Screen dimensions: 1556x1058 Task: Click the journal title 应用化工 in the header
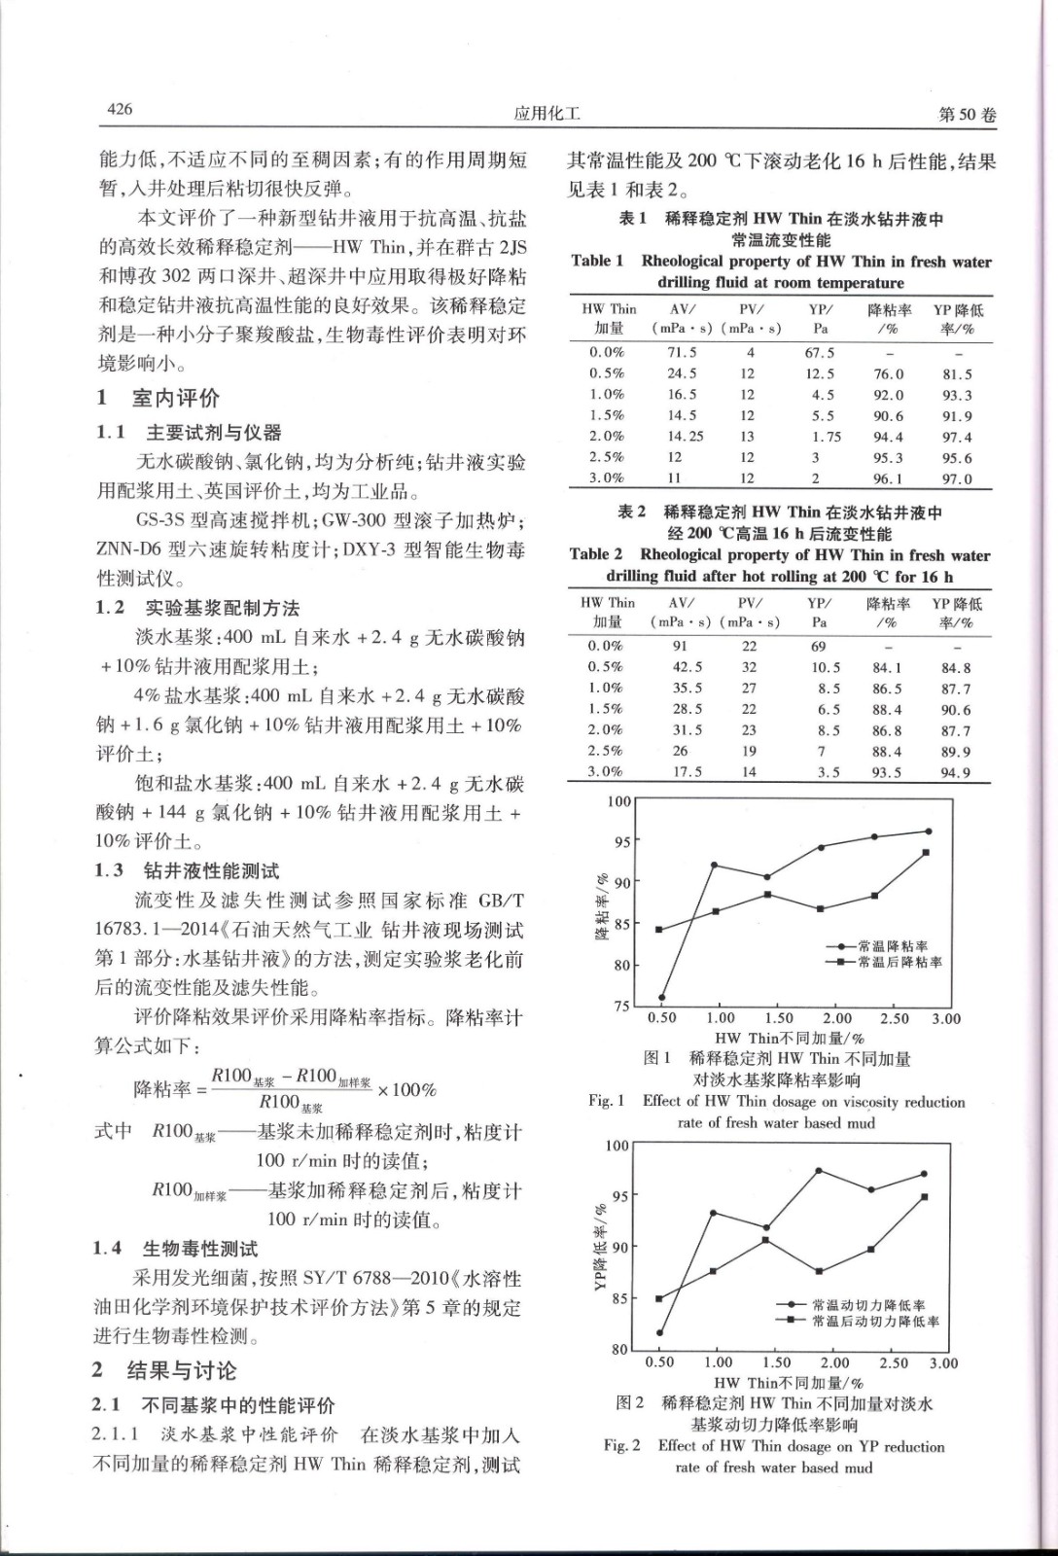point(547,114)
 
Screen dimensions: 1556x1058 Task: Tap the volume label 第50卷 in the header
point(968,115)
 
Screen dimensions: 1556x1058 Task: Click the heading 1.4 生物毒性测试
point(176,1249)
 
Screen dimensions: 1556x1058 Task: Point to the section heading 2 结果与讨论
point(164,1371)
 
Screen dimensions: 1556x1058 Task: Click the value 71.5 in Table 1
point(682,353)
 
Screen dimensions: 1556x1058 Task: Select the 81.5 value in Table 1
point(957,374)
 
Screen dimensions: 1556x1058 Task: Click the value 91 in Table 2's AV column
point(680,646)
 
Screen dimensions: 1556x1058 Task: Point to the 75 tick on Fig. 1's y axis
point(621,1007)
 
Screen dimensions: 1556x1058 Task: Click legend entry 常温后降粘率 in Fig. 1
point(899,962)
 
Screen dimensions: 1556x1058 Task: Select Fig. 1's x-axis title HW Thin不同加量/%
point(789,1039)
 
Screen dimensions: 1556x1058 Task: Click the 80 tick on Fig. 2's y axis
point(619,1350)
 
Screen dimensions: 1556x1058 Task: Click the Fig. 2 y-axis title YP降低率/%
point(600,1248)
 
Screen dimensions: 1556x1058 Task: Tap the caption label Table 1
point(598,261)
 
